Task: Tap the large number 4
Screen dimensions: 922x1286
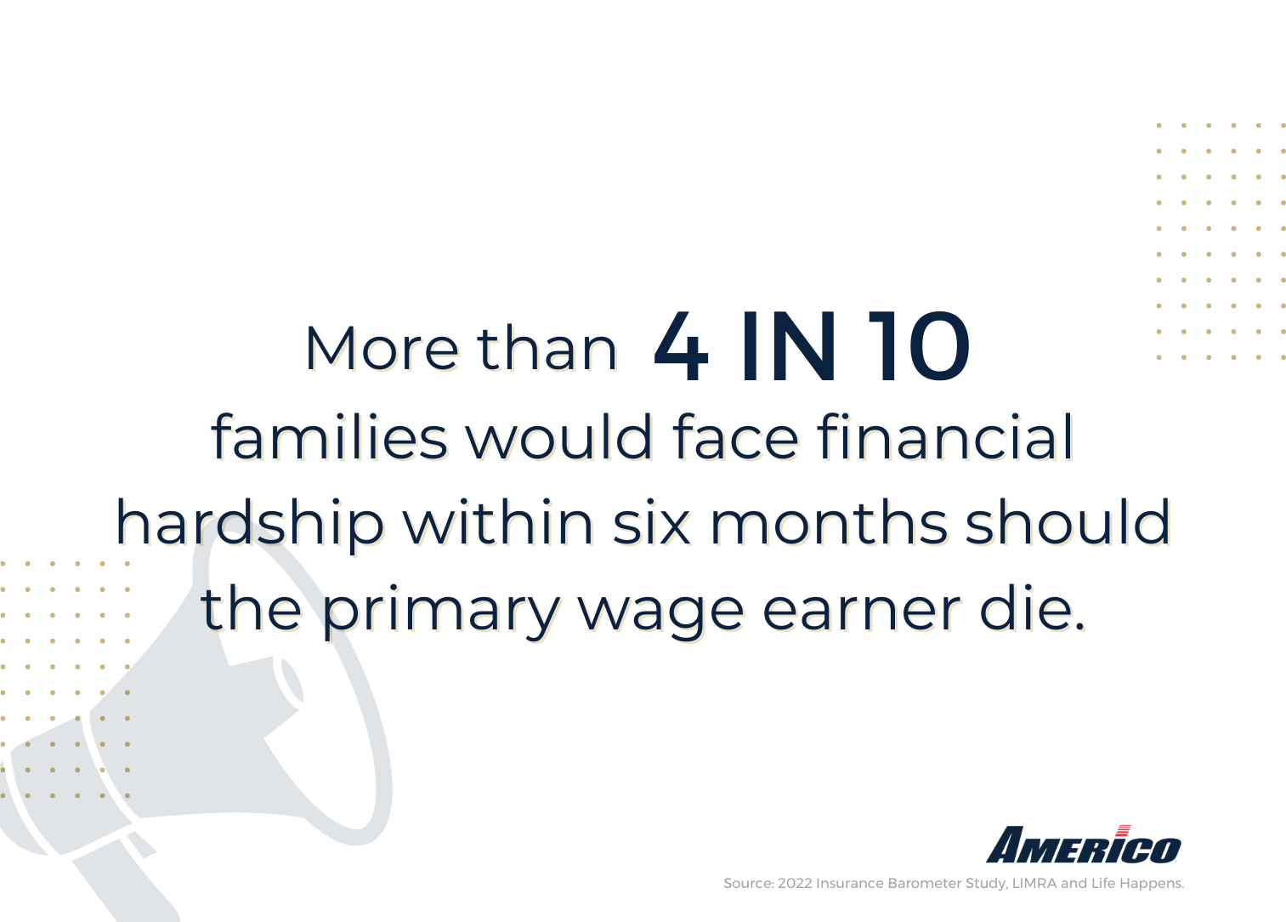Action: (681, 347)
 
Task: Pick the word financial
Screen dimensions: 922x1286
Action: (945, 437)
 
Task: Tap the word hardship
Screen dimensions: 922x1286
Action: (250, 523)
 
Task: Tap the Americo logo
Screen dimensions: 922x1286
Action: (1084, 845)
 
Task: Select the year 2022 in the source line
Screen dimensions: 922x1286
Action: (795, 884)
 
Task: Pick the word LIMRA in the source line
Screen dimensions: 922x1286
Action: (1034, 884)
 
